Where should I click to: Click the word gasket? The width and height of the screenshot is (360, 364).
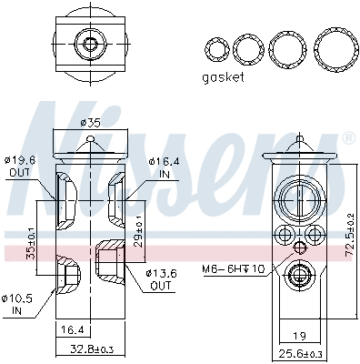pos(223,77)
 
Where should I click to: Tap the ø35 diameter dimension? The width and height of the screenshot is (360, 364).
pos(89,123)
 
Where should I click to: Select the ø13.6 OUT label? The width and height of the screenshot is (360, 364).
pos(160,278)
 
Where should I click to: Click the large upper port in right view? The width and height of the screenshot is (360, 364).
pos(301,198)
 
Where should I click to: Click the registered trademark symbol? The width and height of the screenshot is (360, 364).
pos(347,139)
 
